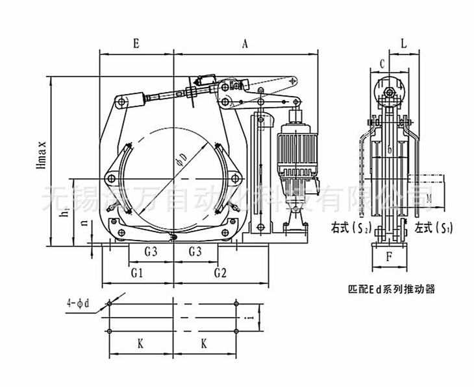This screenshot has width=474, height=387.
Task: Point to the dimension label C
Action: pyautogui.click(x=382, y=63)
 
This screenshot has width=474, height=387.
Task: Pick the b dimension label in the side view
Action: pyautogui.click(x=388, y=151)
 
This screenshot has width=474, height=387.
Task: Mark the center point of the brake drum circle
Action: pyautogui.click(x=174, y=178)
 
